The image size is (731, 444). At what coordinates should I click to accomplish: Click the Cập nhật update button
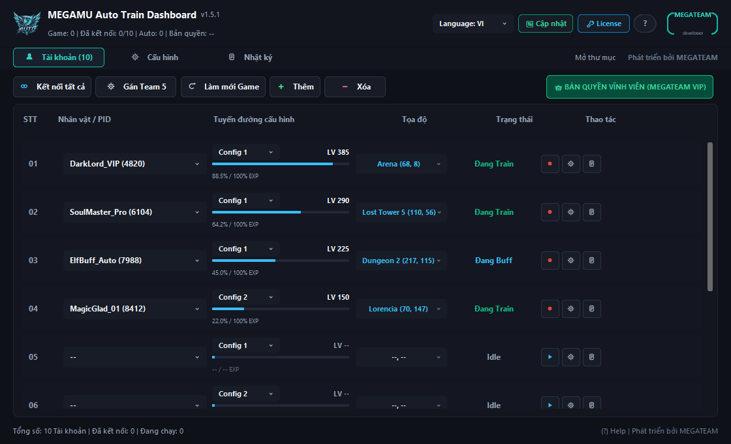pyautogui.click(x=546, y=24)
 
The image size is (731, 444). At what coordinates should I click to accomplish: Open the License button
pyautogui.click(x=603, y=24)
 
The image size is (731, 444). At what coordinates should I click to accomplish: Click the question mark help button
pyautogui.click(x=645, y=24)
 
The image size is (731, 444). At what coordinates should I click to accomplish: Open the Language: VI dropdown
pyautogui.click(x=473, y=24)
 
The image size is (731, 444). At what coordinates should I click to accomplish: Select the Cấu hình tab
pyautogui.click(x=155, y=57)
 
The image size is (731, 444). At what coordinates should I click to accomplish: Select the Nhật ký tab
pyautogui.click(x=251, y=57)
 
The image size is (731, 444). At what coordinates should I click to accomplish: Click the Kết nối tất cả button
pyautogui.click(x=52, y=87)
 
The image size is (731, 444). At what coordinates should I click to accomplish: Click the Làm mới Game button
pyautogui.click(x=223, y=87)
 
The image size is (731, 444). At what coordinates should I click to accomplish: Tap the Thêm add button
pyautogui.click(x=295, y=87)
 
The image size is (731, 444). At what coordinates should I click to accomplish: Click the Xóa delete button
pyautogui.click(x=355, y=87)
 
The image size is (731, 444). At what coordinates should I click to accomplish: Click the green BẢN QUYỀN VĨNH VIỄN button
pyautogui.click(x=629, y=87)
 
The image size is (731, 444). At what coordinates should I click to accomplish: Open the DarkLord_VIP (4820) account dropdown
pyautogui.click(x=134, y=164)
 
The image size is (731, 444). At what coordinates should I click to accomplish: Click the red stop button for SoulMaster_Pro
pyautogui.click(x=550, y=212)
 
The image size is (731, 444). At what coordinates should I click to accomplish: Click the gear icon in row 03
pyautogui.click(x=570, y=261)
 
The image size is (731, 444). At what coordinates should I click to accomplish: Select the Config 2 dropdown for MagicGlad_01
pyautogui.click(x=245, y=297)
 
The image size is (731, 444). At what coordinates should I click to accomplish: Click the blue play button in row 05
pyautogui.click(x=550, y=357)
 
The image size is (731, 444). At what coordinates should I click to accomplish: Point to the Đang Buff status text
pyautogui.click(x=493, y=261)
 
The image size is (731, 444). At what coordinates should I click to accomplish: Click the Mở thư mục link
pyautogui.click(x=595, y=57)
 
